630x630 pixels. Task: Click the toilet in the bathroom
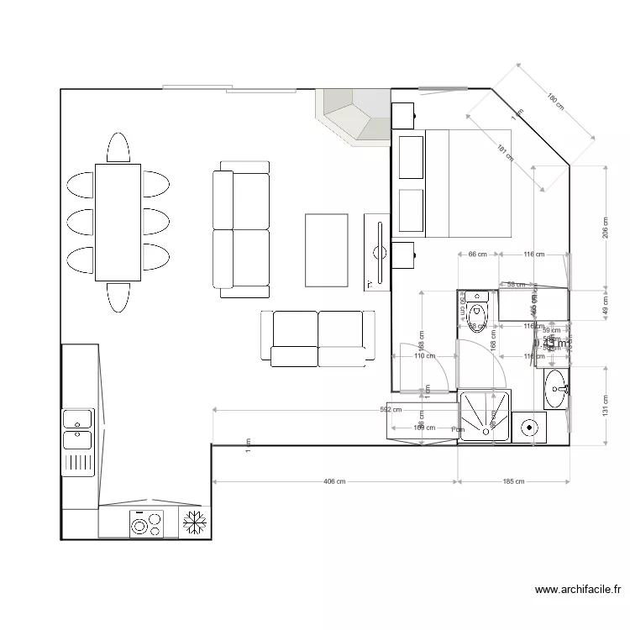click(x=477, y=318)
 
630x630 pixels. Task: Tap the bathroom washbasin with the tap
click(x=556, y=388)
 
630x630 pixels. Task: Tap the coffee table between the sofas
click(x=326, y=250)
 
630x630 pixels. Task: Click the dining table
click(x=118, y=222)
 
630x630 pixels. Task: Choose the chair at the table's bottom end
click(x=118, y=297)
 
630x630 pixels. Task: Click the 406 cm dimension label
click(x=334, y=482)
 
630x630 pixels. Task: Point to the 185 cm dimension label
click(x=513, y=482)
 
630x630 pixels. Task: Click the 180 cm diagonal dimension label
click(x=555, y=102)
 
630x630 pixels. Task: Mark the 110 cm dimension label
click(x=423, y=356)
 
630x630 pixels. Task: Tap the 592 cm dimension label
click(x=391, y=411)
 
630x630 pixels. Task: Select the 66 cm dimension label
click(x=477, y=254)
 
